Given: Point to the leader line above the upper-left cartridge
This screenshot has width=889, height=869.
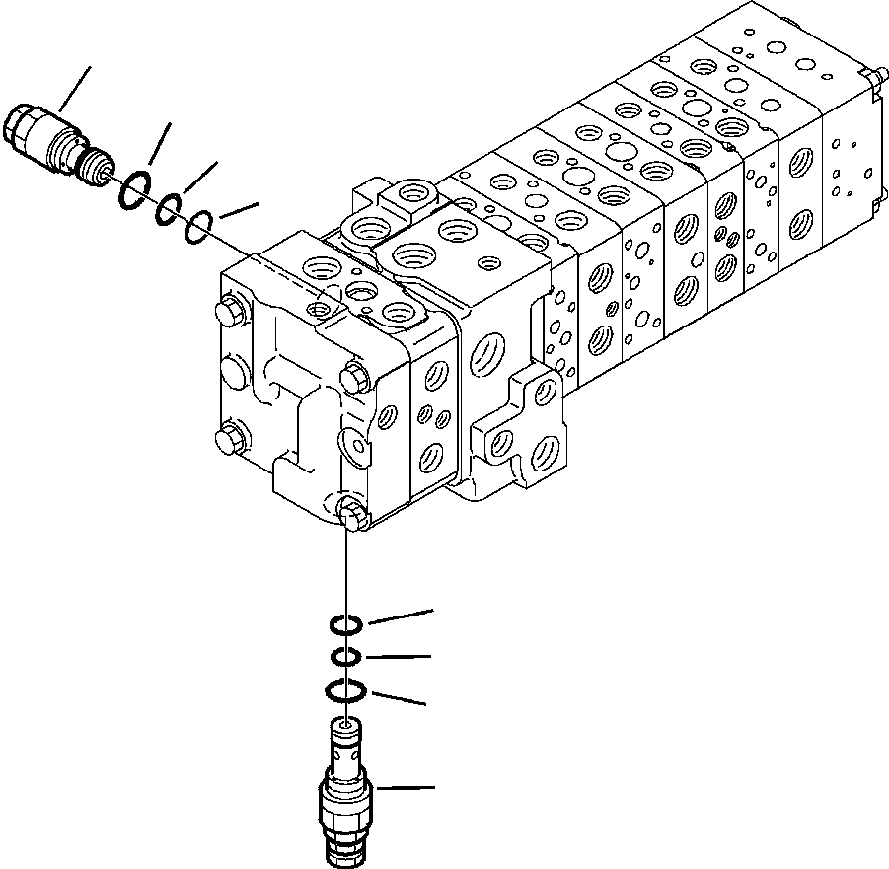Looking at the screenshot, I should tap(75, 88).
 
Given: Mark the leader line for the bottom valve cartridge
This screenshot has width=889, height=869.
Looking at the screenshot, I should tap(405, 788).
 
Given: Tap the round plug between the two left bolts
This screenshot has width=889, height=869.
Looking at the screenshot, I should tap(230, 374).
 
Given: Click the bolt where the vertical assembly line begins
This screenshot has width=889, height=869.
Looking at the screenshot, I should tap(350, 512).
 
